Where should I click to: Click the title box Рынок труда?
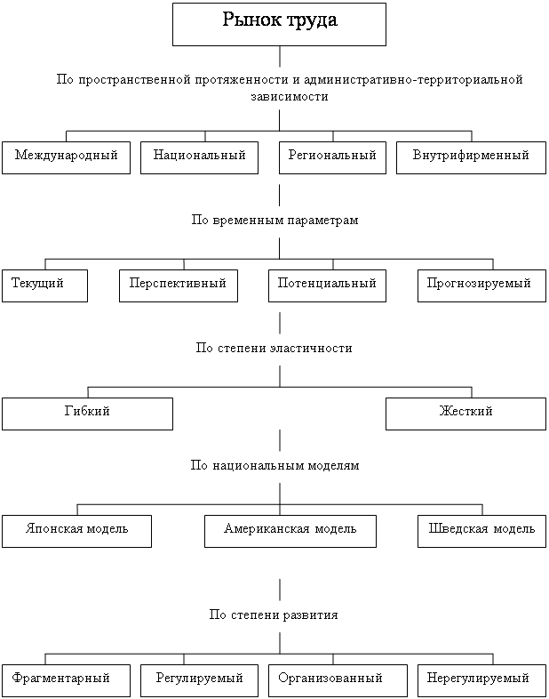[x=279, y=23]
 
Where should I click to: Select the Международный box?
[x=66, y=157]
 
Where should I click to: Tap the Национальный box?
[x=199, y=157]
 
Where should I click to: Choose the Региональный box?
[x=333, y=157]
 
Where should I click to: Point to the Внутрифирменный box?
[x=471, y=157]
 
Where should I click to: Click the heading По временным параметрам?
[x=274, y=221]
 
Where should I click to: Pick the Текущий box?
[x=44, y=285]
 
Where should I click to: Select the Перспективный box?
[x=178, y=285]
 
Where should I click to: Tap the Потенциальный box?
[x=327, y=285]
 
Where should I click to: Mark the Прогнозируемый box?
[x=481, y=285]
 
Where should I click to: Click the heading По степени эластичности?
[x=274, y=349]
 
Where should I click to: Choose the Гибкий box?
[x=87, y=413]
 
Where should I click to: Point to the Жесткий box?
[x=465, y=413]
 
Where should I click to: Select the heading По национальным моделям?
[x=274, y=466]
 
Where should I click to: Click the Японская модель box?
[x=76, y=530]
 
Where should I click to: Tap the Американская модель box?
[x=290, y=530]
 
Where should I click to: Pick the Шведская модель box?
[x=481, y=530]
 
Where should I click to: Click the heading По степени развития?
[x=274, y=615]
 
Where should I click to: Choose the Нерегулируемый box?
[x=481, y=679]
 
